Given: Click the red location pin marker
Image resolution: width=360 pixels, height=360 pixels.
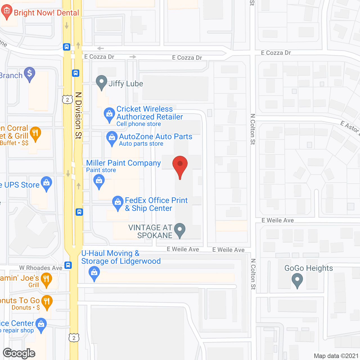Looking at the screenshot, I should tap(180, 166).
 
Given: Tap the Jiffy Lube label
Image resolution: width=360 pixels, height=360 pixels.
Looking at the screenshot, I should tap(126, 84).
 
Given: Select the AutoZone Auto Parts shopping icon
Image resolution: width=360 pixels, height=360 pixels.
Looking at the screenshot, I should tap(112, 138).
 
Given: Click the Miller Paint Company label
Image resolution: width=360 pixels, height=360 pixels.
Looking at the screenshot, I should tap(123, 163).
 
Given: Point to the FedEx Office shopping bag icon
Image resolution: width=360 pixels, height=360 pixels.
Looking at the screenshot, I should tap(118, 202).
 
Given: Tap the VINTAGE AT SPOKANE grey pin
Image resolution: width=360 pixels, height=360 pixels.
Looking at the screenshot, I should tap(180, 230).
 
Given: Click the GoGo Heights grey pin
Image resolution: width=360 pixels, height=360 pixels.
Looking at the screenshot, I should tap(297, 280).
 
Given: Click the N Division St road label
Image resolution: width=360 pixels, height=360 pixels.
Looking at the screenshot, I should tap(78, 115).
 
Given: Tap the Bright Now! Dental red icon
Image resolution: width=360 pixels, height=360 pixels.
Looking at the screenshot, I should tap(6, 12).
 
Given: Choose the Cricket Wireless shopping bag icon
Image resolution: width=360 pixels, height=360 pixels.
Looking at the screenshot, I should tap(109, 114).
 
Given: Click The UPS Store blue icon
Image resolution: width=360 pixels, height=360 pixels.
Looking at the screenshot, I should tap(46, 183).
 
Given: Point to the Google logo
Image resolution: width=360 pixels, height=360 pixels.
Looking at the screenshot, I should tap(19, 354).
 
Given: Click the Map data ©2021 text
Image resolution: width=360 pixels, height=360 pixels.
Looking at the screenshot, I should tap(336, 356).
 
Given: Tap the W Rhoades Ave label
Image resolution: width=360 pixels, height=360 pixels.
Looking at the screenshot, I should tap(41, 268).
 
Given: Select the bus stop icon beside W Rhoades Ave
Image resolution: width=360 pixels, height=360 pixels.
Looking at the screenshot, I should tap(68, 265).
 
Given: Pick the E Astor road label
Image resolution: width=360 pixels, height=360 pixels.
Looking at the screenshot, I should tap(350, 127).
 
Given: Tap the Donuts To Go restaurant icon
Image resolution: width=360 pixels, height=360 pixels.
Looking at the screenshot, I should tap(47, 301).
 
